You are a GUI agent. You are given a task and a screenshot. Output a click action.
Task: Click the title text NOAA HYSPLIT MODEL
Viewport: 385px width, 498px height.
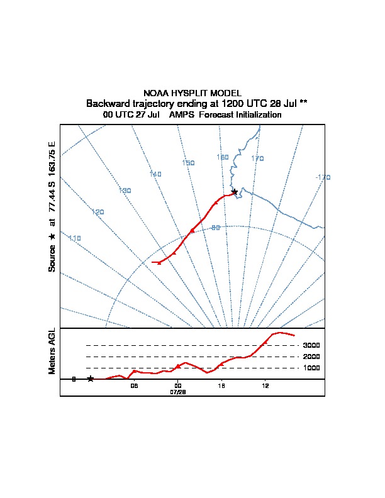click(x=192, y=93)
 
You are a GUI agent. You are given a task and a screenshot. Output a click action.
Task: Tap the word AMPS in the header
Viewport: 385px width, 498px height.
click(x=181, y=114)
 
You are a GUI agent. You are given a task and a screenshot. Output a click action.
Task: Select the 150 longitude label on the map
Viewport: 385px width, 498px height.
click(x=188, y=163)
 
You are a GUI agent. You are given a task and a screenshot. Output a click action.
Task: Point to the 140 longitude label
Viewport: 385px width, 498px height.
click(x=155, y=174)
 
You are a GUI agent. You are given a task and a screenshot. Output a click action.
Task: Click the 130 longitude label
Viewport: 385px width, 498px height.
click(x=125, y=191)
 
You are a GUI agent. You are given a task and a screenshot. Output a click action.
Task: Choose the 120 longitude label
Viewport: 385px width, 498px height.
click(x=98, y=212)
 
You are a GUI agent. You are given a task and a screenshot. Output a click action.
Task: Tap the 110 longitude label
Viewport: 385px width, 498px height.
click(x=75, y=238)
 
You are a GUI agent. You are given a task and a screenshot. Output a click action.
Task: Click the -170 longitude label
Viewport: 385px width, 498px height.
click(x=323, y=177)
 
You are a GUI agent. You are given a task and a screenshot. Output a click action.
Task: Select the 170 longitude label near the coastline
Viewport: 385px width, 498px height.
click(x=257, y=158)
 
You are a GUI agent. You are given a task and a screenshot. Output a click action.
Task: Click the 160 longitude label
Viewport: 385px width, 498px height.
click(x=223, y=157)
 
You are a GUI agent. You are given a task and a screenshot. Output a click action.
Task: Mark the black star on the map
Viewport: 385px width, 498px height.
click(x=235, y=192)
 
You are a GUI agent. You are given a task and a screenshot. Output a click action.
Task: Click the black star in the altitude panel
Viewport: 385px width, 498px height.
click(x=91, y=379)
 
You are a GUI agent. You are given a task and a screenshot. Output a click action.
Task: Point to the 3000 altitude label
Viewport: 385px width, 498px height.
click(x=311, y=345)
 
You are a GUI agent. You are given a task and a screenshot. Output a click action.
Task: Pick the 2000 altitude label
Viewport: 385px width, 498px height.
click(x=311, y=357)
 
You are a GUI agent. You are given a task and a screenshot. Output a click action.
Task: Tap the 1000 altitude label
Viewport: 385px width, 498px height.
click(x=311, y=368)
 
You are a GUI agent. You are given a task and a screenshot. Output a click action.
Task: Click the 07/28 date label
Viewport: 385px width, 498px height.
click(x=178, y=392)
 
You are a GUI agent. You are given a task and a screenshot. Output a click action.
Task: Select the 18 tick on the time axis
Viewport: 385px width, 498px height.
click(x=221, y=386)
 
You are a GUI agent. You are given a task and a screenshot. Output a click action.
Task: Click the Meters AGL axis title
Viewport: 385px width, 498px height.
click(x=52, y=351)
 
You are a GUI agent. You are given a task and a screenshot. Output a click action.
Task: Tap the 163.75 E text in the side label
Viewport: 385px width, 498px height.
click(x=52, y=159)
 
